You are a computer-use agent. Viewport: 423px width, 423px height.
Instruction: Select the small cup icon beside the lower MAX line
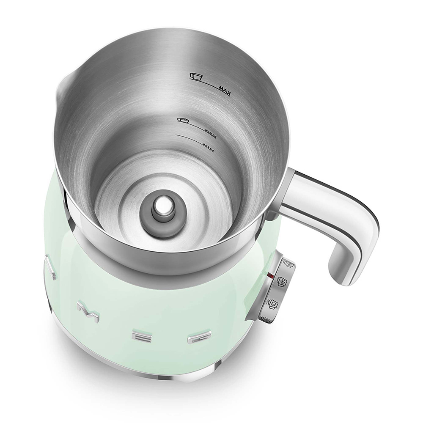point(183,121)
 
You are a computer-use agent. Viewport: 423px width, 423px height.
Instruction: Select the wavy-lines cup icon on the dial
point(272,303)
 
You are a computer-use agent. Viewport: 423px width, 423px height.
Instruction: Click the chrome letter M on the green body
point(88,311)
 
